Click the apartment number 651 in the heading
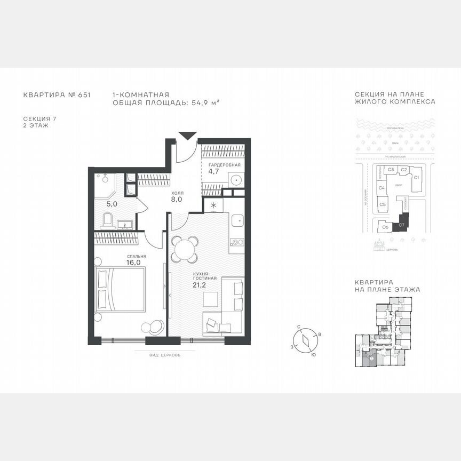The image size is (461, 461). pos(84,95)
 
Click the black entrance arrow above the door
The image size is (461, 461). pos(185,136)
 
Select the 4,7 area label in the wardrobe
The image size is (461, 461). pos(213,172)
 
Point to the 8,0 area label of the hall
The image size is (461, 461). pos(177,200)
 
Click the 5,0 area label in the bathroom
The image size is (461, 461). pos(111,204)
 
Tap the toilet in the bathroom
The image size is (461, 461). pos(107,219)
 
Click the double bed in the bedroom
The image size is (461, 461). pos(121,289)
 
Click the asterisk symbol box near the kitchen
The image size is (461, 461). pos(213,205)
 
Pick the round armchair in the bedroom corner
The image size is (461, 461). pos(155,325)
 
